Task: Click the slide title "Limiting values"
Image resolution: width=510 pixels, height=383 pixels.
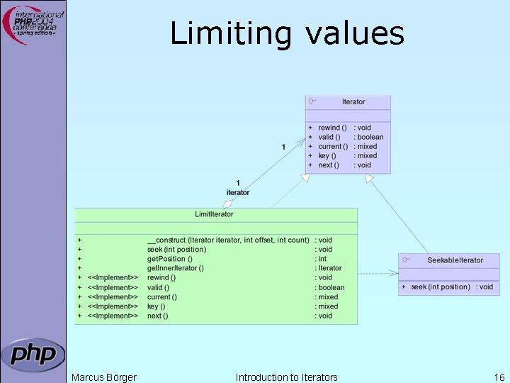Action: [x=287, y=34]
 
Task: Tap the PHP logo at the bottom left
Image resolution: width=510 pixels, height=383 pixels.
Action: [x=33, y=353]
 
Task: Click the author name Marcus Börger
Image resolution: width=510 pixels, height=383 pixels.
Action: [x=104, y=377]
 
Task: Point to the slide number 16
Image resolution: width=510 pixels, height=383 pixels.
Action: [x=499, y=377]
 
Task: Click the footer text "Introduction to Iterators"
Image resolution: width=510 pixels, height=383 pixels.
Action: [x=286, y=377]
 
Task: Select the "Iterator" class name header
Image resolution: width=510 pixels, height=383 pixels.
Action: [x=353, y=102]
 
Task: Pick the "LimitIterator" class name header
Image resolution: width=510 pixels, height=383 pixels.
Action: [x=214, y=214]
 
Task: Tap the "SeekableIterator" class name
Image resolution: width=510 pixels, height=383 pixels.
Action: [x=455, y=260]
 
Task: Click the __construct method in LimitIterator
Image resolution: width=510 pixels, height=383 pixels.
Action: [x=228, y=240]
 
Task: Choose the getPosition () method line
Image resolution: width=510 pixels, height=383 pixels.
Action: [x=170, y=259]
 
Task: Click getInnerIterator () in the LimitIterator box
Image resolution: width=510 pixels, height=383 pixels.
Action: [x=176, y=268]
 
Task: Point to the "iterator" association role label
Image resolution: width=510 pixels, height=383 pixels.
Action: [x=238, y=192]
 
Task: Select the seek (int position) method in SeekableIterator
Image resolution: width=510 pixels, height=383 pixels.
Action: [x=440, y=287]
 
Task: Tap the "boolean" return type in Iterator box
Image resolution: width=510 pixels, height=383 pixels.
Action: [x=370, y=137]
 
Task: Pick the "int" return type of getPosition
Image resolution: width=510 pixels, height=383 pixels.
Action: [x=322, y=259]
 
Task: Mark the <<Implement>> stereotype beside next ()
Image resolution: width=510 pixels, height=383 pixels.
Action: [x=113, y=316]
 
